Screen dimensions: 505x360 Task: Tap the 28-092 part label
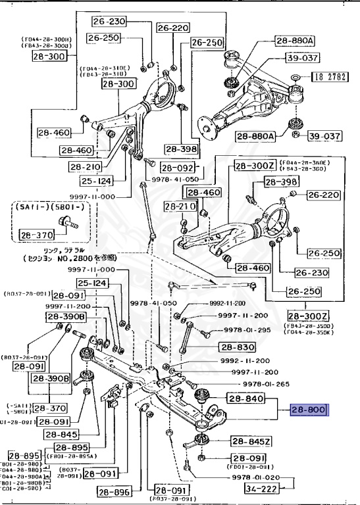click(178, 168)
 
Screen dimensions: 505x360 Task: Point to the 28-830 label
click(237, 347)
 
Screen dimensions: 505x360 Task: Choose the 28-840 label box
click(245, 398)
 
